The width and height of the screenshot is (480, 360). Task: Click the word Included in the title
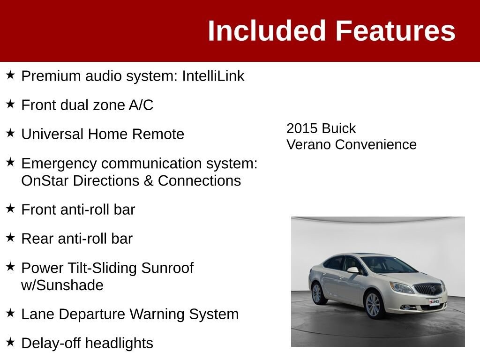pyautogui.click(x=266, y=30)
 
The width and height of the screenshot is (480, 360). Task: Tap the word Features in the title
pyautogui.click(x=396, y=30)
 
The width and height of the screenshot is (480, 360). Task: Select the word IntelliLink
pyautogui.click(x=213, y=76)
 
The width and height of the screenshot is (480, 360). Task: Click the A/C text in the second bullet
pyautogui.click(x=141, y=105)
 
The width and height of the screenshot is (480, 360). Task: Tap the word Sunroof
pyautogui.click(x=167, y=268)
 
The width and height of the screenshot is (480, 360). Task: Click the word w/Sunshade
pyautogui.click(x=62, y=285)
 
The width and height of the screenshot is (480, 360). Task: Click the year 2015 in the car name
pyautogui.click(x=302, y=128)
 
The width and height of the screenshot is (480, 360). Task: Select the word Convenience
pyautogui.click(x=376, y=144)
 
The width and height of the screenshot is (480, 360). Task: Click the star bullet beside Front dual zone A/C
pyautogui.click(x=10, y=104)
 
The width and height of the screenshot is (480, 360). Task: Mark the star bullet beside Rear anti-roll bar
pyautogui.click(x=10, y=238)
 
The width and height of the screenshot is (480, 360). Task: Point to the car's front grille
pyautogui.click(x=428, y=289)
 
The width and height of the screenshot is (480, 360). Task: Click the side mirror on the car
pyautogui.click(x=353, y=270)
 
